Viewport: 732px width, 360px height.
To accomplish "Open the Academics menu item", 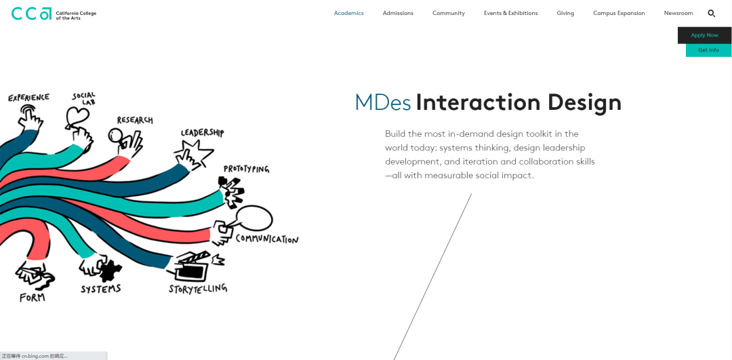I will pos(348,14).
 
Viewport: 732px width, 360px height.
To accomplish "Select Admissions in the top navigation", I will pos(398,14).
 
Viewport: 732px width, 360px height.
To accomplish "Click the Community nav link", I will pos(449,14).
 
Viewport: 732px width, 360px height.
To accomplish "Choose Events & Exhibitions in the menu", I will pos(510,14).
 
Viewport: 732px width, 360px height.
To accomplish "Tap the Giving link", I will pos(565,14).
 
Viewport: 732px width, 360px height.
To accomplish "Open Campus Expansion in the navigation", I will pos(619,14).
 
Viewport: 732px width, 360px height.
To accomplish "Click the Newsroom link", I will pos(678,14).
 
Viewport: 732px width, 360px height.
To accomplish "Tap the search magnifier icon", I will pos(712,14).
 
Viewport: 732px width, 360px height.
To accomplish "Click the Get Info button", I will pos(708,50).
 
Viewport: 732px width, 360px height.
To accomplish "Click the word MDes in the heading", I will pos(383,102).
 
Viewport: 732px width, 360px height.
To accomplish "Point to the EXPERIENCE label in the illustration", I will pos(28,98).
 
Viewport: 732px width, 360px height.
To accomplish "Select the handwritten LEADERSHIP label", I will pos(202,133).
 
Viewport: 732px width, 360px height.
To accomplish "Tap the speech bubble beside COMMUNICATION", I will pos(253,218).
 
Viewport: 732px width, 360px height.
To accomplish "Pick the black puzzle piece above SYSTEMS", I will pos(106,269).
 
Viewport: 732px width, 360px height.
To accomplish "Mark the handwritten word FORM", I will pos(32,298).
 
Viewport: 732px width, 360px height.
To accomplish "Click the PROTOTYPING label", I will pos(246,169).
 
